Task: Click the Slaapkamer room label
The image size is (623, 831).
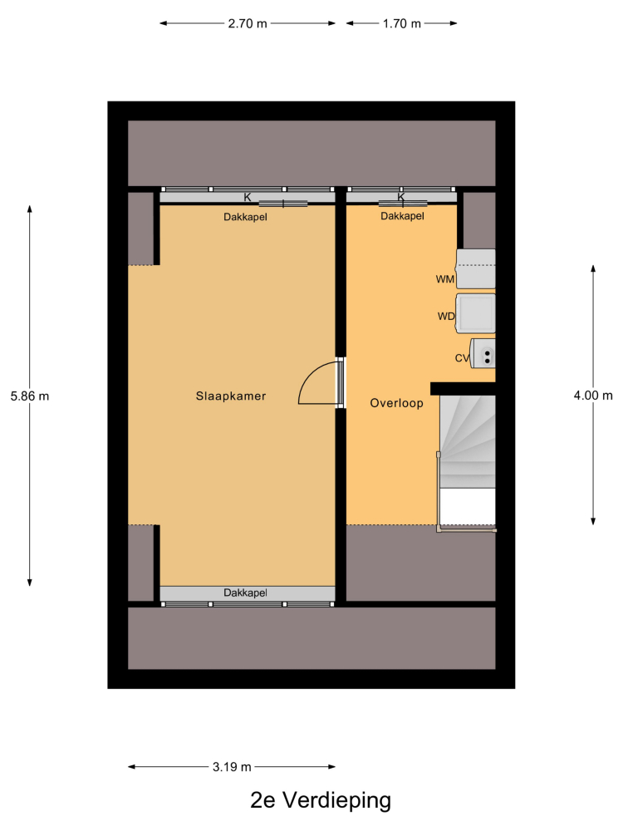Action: pyautogui.click(x=230, y=396)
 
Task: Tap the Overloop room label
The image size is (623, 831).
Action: pyautogui.click(x=396, y=403)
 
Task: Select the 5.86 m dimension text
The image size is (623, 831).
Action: pyautogui.click(x=30, y=396)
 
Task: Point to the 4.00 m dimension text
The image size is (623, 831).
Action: pyautogui.click(x=593, y=396)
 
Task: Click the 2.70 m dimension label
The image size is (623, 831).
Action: pyautogui.click(x=248, y=24)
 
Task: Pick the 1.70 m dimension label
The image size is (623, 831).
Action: pyautogui.click(x=401, y=24)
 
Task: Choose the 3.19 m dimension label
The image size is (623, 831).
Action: pyautogui.click(x=232, y=767)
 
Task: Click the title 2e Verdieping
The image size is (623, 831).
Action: pyautogui.click(x=321, y=800)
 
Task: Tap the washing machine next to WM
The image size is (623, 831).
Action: pyautogui.click(x=476, y=268)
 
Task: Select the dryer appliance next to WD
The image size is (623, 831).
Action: pyautogui.click(x=476, y=313)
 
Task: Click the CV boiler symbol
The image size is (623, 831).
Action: pyautogui.click(x=483, y=353)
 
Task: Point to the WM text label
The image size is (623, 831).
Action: pyautogui.click(x=445, y=279)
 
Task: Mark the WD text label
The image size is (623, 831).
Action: pyautogui.click(x=446, y=317)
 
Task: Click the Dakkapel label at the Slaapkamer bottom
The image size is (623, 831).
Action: pyautogui.click(x=245, y=593)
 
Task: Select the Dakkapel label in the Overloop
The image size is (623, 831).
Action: pyautogui.click(x=402, y=216)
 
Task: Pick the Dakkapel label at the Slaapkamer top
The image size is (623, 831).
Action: pyautogui.click(x=245, y=217)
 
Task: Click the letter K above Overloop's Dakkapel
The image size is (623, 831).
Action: pyautogui.click(x=401, y=197)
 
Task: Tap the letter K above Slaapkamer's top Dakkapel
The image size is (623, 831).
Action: pyautogui.click(x=248, y=197)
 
